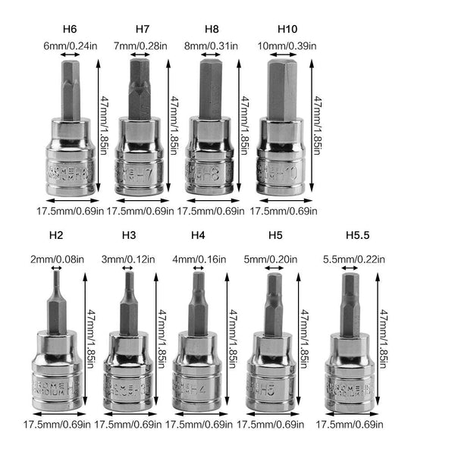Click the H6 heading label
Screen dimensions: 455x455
pyautogui.click(x=70, y=30)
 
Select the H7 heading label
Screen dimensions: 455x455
pyautogui.click(x=142, y=30)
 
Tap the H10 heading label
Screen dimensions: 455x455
pyautogui.click(x=287, y=30)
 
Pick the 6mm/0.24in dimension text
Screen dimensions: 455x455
pyautogui.click(x=70, y=45)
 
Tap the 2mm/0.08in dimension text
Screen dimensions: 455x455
pyautogui.click(x=55, y=259)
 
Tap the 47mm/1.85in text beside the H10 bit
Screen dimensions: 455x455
pyautogui.click(x=319, y=125)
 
